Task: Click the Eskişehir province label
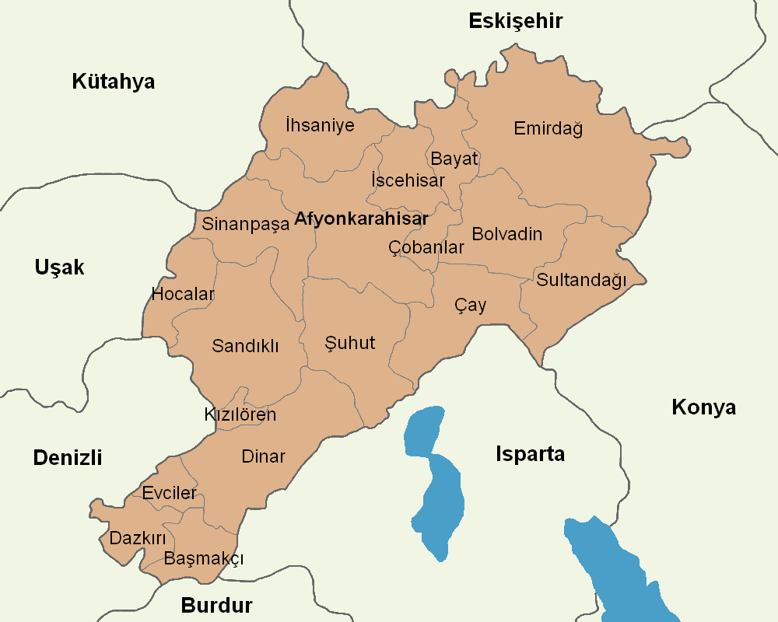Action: (515, 21)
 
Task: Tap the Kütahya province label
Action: (114, 82)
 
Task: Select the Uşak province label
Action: (59, 267)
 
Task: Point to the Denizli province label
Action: (68, 458)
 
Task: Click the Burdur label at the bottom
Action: (217, 606)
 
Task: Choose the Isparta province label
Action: (530, 455)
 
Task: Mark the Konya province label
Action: (703, 407)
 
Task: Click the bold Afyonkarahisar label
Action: (361, 219)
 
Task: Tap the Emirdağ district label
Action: (548, 128)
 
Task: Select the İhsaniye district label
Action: (320, 125)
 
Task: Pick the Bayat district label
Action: (454, 159)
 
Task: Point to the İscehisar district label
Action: (408, 180)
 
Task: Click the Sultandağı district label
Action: (581, 281)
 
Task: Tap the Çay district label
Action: (470, 306)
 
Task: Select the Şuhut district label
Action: (350, 343)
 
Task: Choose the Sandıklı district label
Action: (245, 346)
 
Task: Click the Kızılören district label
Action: (240, 414)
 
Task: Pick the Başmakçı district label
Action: (204, 559)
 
